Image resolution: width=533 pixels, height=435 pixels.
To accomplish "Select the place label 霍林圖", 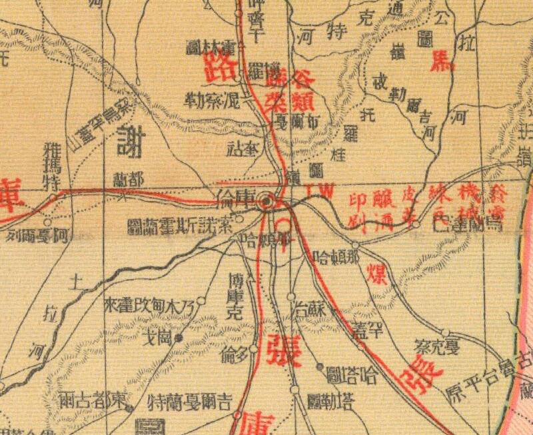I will click(209, 47).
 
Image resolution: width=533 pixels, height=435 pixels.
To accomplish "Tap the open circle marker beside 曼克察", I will click(445, 332).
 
